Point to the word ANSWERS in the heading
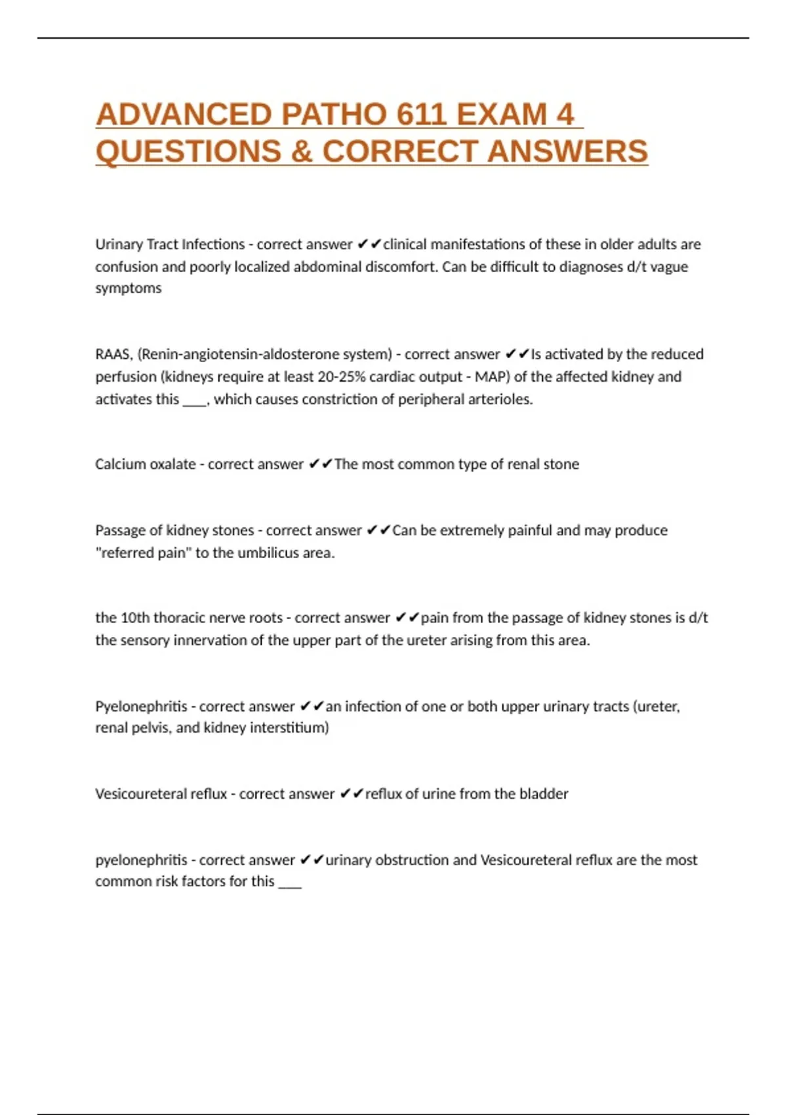click(567, 152)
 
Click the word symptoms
click(128, 289)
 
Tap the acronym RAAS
click(113, 355)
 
